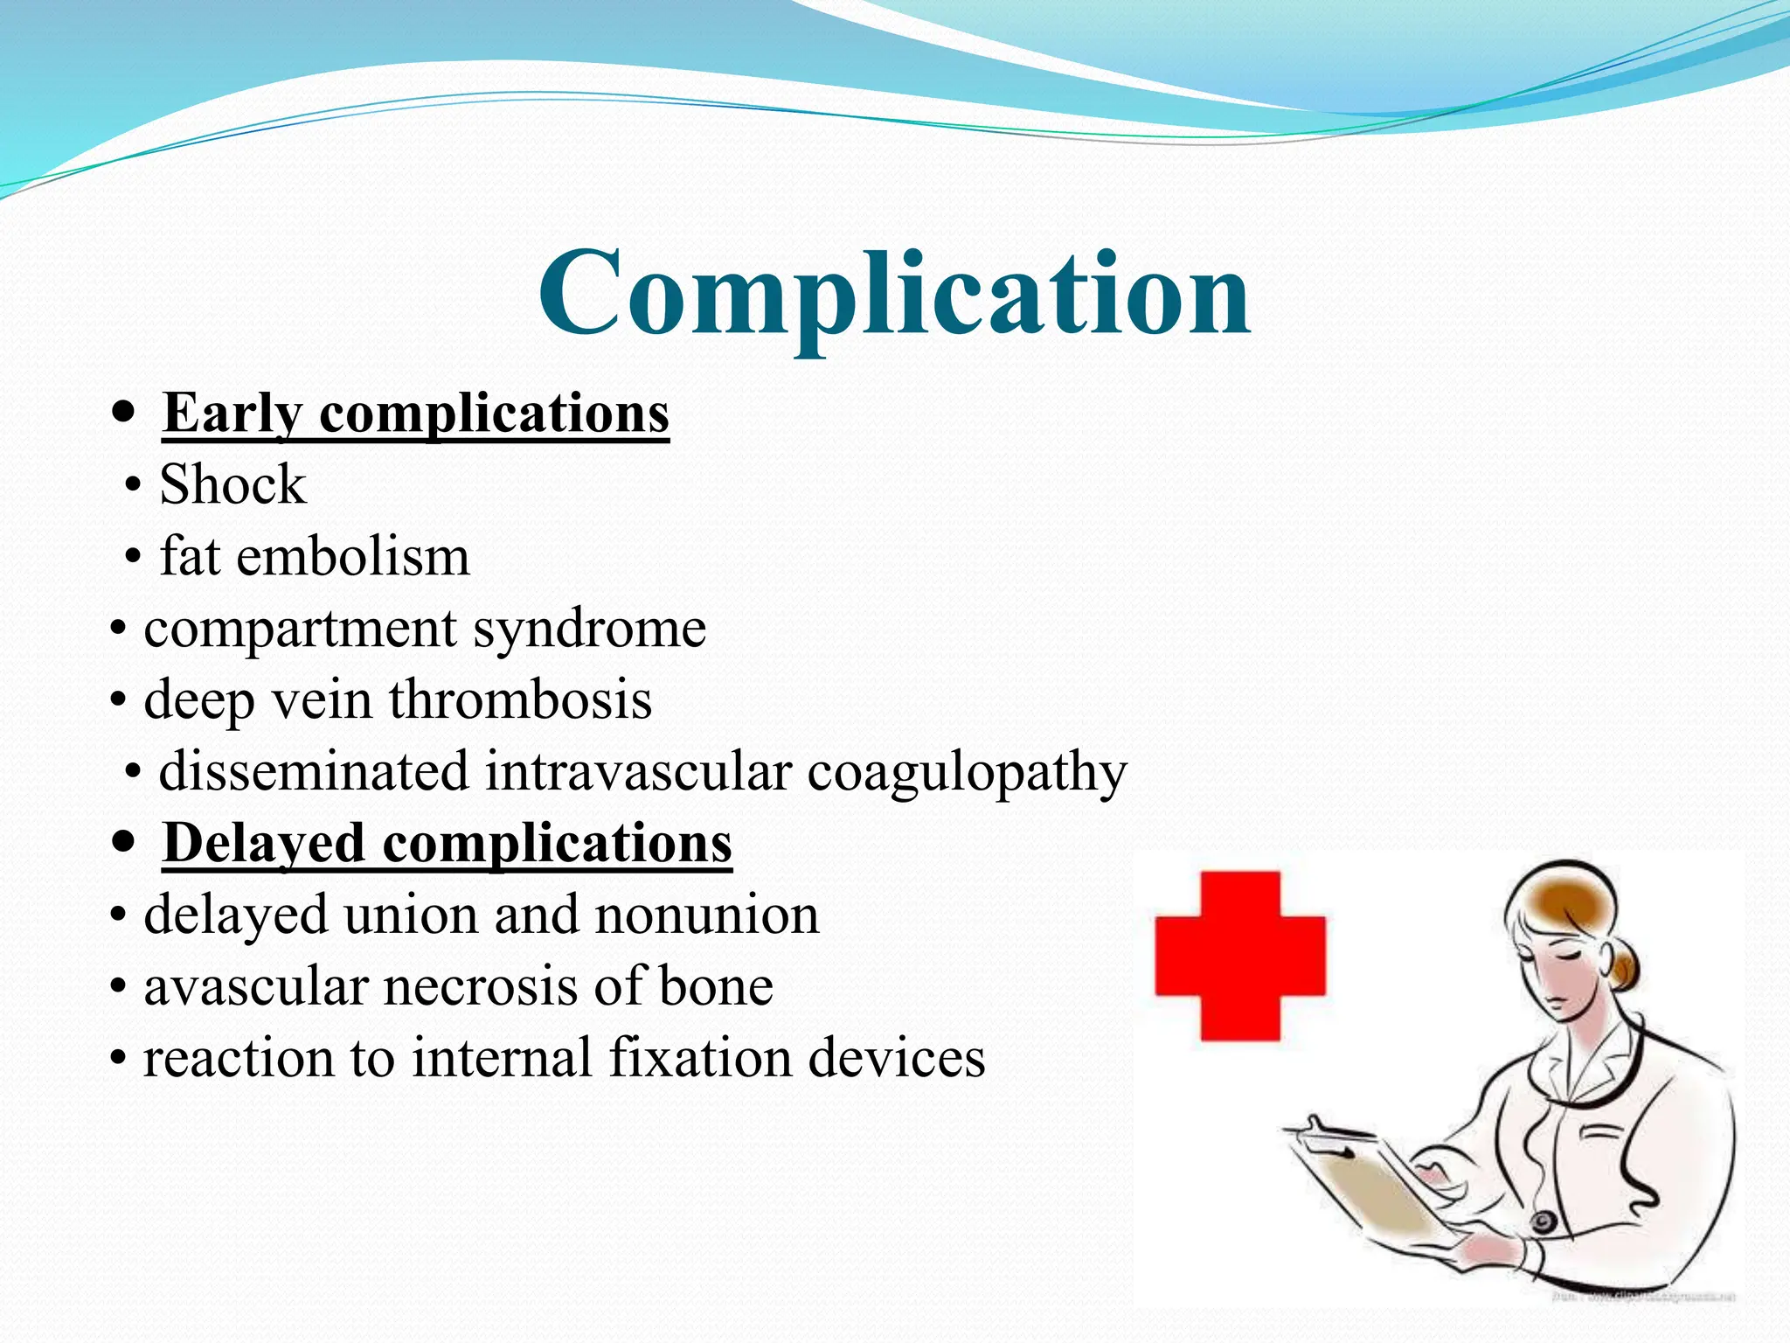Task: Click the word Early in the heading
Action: (232, 413)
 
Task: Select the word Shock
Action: (232, 484)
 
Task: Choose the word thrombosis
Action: (520, 699)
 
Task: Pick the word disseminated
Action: (314, 771)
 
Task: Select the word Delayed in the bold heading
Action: (263, 843)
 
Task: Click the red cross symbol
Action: (1239, 956)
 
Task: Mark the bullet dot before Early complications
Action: (124, 411)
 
